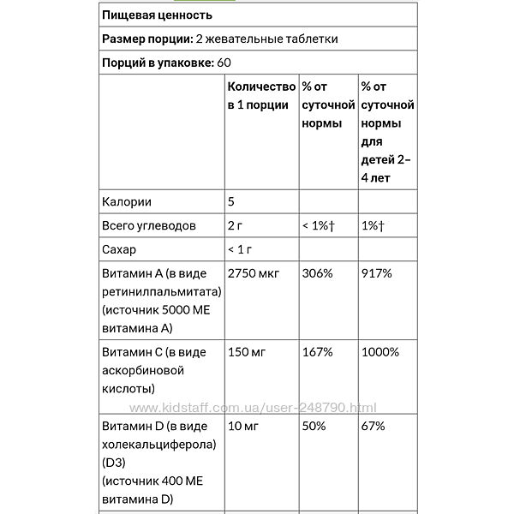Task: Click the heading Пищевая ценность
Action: pos(157,15)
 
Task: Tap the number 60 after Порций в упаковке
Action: pos(224,63)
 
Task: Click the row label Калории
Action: pos(126,202)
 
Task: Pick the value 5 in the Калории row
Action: pos(231,202)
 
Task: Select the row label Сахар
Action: pos(120,250)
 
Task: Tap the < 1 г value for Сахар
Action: pos(242,250)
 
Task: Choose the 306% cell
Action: pos(319,274)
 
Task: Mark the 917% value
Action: pos(377,274)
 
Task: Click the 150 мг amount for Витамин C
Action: pos(248,352)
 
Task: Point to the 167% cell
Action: pos(318,352)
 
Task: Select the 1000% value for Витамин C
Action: pos(380,352)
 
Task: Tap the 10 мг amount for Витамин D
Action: pos(245,426)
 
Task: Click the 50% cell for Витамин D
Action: pos(314,426)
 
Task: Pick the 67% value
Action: pos(374,426)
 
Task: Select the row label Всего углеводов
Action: pos(149,226)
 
